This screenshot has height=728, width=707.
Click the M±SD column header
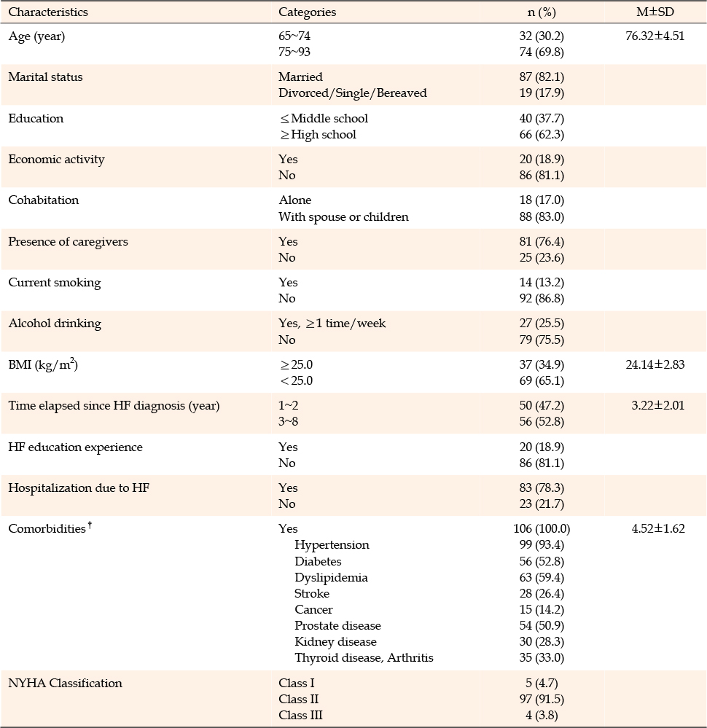pyautogui.click(x=655, y=12)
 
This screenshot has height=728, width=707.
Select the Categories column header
pyautogui.click(x=307, y=12)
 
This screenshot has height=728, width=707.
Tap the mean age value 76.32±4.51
pyautogui.click(x=655, y=36)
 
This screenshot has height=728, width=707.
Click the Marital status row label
pyautogui.click(x=45, y=77)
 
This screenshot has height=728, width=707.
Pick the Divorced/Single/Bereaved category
pyautogui.click(x=353, y=93)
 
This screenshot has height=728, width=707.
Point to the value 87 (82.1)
pyautogui.click(x=542, y=77)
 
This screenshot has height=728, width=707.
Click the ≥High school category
pyautogui.click(x=319, y=135)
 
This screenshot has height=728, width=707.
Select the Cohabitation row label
pyautogui.click(x=44, y=200)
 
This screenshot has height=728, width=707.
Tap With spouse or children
pyautogui.click(x=344, y=217)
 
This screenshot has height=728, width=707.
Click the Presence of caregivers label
pyautogui.click(x=69, y=242)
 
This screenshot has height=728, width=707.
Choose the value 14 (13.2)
pyautogui.click(x=542, y=283)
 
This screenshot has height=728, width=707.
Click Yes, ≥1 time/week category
pyautogui.click(x=332, y=324)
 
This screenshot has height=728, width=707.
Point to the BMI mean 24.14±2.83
pyautogui.click(x=655, y=364)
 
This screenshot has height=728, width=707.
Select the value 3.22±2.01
pyautogui.click(x=657, y=405)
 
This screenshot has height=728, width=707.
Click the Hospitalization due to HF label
pyautogui.click(x=79, y=488)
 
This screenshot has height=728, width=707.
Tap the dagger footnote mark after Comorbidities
pyautogui.click(x=90, y=525)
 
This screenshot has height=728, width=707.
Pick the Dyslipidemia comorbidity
pyautogui.click(x=331, y=578)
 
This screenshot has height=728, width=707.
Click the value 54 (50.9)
pyautogui.click(x=542, y=626)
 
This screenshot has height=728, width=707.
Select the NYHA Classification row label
pyautogui.click(x=66, y=684)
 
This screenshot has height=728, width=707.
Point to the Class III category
pyautogui.click(x=300, y=716)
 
